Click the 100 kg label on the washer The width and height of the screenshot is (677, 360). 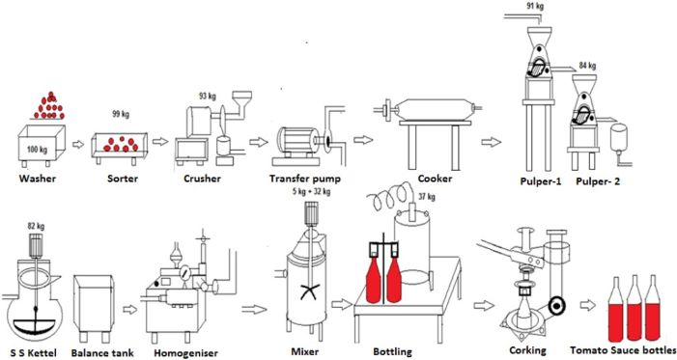tap(37, 150)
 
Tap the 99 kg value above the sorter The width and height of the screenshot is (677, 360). tap(121, 115)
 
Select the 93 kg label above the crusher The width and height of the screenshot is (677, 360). tap(208, 96)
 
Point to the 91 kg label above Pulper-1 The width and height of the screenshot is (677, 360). tap(535, 6)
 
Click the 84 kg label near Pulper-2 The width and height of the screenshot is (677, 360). tap(587, 66)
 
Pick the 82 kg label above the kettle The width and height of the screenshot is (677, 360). tap(36, 226)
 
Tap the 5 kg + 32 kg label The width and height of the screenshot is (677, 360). tap(311, 191)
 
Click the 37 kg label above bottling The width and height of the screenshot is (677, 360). tap(427, 196)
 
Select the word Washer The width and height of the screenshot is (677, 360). tap(38, 179)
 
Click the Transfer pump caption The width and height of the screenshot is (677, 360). tap(305, 179)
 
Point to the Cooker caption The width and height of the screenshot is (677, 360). tap(435, 179)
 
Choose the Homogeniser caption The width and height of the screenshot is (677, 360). tap(185, 353)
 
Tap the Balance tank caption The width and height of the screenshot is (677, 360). tap(102, 353)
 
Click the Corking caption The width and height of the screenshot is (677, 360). tap(527, 350)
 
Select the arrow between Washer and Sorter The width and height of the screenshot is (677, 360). tap(78, 144)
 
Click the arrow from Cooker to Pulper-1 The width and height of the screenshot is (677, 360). tap(492, 142)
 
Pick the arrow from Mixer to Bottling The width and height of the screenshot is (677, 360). tap(342, 304)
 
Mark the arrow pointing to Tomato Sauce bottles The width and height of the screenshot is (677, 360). tap(587, 305)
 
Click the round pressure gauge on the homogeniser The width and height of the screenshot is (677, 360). tap(185, 272)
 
